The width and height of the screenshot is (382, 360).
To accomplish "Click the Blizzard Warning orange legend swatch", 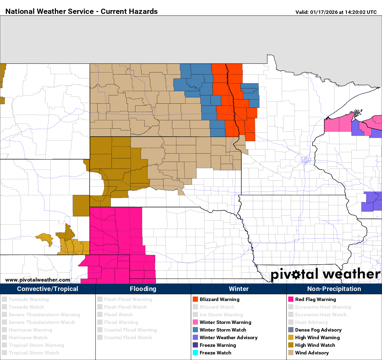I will click(195, 299).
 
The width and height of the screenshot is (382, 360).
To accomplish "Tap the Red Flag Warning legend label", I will click(315, 299).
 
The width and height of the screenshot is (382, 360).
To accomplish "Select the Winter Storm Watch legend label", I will click(223, 330).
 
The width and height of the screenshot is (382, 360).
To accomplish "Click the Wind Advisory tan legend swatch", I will click(291, 353).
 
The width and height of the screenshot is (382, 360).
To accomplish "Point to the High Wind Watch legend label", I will click(315, 345).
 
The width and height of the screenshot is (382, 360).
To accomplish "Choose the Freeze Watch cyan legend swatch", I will click(195, 353).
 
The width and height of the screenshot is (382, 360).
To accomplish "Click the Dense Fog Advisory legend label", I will click(318, 330).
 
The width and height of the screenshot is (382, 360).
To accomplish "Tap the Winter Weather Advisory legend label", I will click(229, 337).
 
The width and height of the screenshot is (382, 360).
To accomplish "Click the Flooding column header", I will click(143, 289).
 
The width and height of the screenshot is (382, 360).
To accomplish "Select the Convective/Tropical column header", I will click(48, 289).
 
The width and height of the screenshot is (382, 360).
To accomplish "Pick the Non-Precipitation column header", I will click(334, 289).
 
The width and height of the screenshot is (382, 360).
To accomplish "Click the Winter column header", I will click(239, 289).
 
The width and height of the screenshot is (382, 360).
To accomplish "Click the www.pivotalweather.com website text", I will click(38, 280).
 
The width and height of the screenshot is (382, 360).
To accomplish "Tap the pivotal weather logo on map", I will click(325, 274).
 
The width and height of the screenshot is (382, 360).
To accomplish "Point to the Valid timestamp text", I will click(336, 12).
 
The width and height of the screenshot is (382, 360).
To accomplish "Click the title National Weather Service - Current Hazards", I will click(82, 11).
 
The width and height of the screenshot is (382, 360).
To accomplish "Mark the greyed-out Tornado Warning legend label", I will click(29, 299).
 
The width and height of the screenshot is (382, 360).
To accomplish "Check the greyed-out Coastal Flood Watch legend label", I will click(128, 337).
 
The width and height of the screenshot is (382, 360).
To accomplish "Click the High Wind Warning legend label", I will click(317, 337).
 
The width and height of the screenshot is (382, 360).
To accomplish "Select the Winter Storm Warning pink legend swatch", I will click(195, 322).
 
